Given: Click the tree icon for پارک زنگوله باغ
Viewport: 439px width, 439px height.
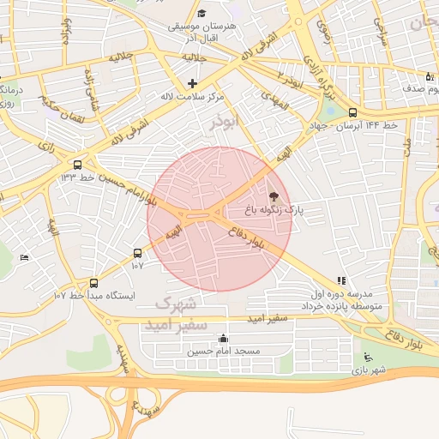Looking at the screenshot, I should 274,196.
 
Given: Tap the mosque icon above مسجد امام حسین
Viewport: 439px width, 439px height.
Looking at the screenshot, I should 224,339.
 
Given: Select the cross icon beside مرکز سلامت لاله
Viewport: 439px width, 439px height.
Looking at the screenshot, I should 192,84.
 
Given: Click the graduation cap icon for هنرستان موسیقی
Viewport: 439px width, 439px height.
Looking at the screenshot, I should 201,13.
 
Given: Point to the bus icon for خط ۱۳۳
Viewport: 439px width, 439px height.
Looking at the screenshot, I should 78,165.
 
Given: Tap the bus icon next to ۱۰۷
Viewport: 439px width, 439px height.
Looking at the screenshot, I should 137,253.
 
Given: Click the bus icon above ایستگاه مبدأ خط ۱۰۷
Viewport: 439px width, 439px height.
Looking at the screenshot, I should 93,283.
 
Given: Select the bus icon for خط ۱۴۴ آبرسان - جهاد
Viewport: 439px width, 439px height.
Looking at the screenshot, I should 352,112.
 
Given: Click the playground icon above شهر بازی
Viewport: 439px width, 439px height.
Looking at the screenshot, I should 369,358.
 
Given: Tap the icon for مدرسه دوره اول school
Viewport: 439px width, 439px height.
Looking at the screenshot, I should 341,280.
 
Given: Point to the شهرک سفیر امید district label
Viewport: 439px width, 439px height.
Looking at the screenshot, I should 178,315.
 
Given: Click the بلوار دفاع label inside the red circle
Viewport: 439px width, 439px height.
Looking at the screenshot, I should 247,238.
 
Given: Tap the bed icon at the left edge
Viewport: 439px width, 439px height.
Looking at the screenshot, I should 24,257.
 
